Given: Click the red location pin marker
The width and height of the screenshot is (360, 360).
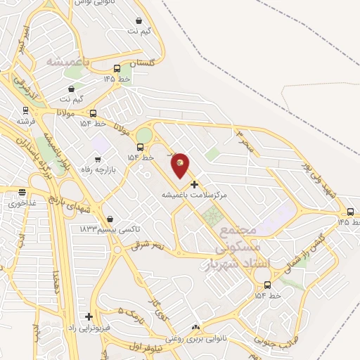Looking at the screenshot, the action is [181, 164].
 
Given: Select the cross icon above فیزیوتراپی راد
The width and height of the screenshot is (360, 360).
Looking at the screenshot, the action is [89, 316].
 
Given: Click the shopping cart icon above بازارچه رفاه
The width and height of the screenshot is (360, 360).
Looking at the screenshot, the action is [98, 160].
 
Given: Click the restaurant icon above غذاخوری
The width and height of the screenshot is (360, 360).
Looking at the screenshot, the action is [22, 191].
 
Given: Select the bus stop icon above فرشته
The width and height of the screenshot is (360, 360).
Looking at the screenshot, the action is [26, 110].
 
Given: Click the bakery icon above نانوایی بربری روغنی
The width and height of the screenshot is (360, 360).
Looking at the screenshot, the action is [195, 327].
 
